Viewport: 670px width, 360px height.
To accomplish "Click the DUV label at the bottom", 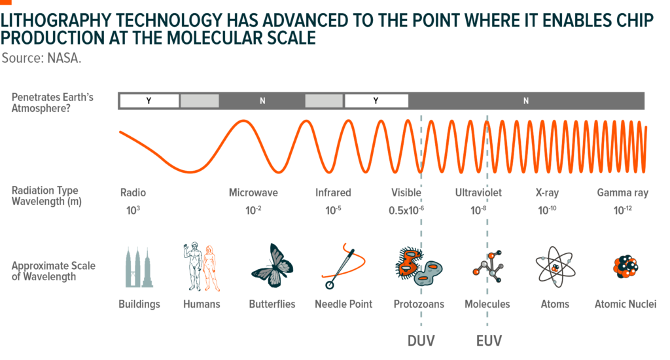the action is [x=421, y=341].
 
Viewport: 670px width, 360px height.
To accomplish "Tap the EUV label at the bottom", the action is [x=489, y=341].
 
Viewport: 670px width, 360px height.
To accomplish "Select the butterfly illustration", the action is [x=272, y=266].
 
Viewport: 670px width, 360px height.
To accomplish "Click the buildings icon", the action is [x=139, y=267].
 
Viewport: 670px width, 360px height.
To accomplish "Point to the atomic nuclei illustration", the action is [x=625, y=266].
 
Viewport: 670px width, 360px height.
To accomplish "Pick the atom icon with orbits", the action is [x=555, y=267].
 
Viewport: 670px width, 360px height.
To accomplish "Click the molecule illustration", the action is [x=488, y=267].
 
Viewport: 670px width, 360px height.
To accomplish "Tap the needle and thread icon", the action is [x=343, y=266].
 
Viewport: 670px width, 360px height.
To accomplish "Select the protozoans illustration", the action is [x=419, y=266].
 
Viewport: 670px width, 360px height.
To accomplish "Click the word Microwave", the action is [x=253, y=193].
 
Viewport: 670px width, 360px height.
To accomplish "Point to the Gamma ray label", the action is [x=623, y=193].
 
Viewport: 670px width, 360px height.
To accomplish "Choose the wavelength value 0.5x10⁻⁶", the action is [x=406, y=210].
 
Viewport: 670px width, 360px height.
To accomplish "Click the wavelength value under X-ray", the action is [x=547, y=210].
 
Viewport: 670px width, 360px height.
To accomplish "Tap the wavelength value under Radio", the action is [x=133, y=210].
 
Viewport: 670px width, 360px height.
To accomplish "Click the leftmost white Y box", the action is [x=149, y=101].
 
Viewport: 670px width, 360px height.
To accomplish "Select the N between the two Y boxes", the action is [x=262, y=101].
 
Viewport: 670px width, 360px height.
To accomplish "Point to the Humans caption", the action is [x=202, y=304].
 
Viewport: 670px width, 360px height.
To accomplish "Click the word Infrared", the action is [x=333, y=193].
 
